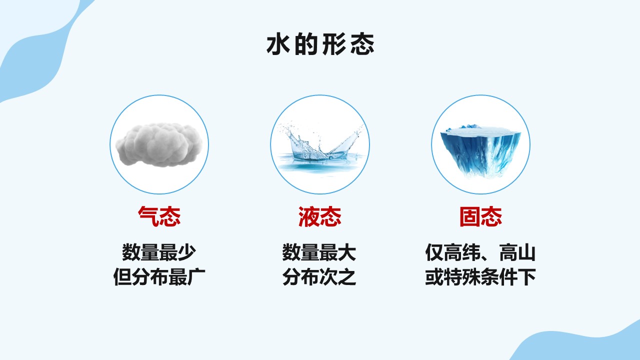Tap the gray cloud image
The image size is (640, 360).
pos(159,145)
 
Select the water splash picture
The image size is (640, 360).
pos(320,148)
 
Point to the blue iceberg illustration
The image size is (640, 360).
pos(480,150)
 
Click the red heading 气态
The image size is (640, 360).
pos(159,216)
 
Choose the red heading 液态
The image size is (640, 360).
pos(320,216)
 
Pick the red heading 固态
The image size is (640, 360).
pos(481,216)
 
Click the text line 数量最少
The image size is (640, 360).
pos(159,252)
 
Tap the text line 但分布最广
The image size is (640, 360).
pos(159,277)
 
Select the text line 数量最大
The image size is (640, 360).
pos(319,252)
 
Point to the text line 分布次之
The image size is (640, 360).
pos(319,277)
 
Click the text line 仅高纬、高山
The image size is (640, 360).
pos(480,252)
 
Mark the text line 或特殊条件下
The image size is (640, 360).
pos(480,277)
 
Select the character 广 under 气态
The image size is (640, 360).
pos(196,277)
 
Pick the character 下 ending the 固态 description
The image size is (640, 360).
pos(526,277)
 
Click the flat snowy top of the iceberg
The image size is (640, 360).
pos(480,132)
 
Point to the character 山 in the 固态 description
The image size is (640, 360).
pos(526,252)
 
